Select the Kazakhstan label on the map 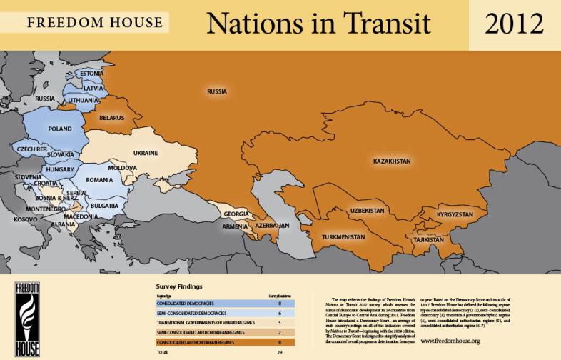tap(392, 162)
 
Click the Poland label tap(59, 129)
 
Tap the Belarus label tap(113, 117)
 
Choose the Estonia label tap(92, 74)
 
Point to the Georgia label tap(236, 214)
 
